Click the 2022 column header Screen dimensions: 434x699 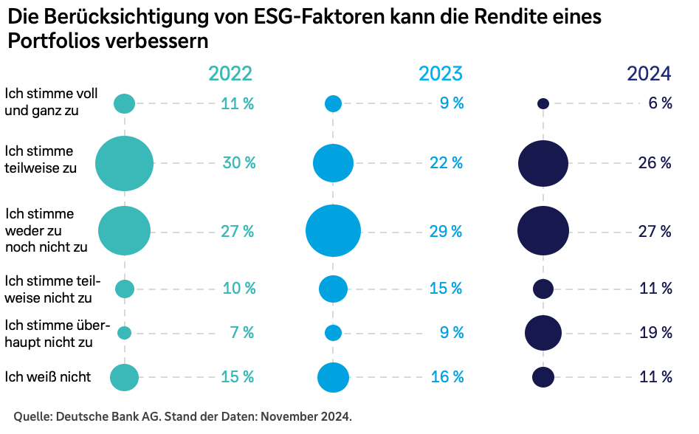tap(230, 74)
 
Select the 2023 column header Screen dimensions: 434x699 tap(441, 74)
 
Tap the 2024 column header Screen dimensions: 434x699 tap(649, 74)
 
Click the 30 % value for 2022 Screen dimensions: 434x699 tap(238, 163)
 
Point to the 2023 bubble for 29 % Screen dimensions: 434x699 tap(334, 231)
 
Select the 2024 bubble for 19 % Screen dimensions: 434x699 tap(543, 332)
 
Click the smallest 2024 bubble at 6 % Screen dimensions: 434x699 tap(543, 104)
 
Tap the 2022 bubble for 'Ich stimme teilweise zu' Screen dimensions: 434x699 tap(124, 164)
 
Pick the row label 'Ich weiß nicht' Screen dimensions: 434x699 tap(48, 377)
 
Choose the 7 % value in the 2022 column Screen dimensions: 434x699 tap(241, 333)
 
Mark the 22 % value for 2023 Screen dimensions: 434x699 tap(446, 163)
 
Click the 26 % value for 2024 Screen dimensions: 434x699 tap(655, 163)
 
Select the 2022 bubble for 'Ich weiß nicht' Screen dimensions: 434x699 tap(124, 377)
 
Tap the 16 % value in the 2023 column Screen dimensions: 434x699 tap(447, 377)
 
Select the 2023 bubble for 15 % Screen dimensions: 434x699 tap(333, 289)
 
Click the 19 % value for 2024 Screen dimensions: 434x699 tap(655, 333)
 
